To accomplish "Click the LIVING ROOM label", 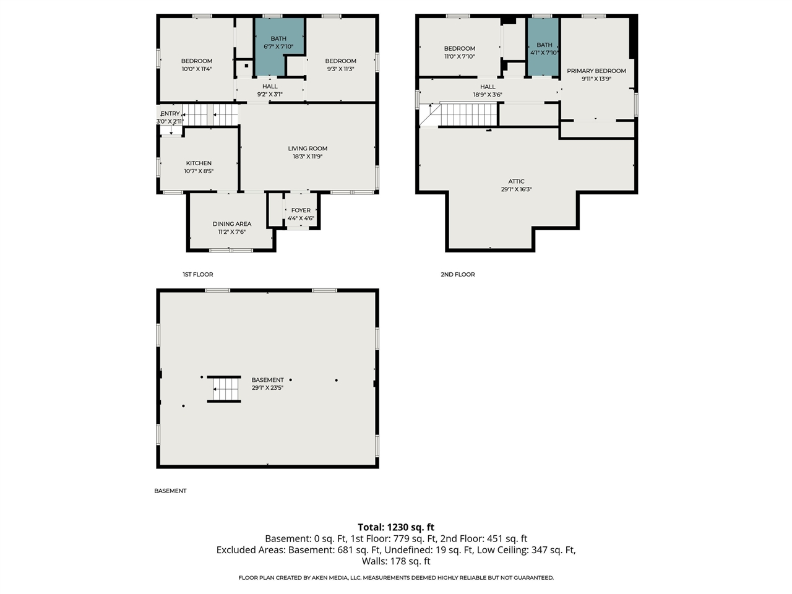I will pos(308,148).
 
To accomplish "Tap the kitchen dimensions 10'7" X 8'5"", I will pos(199,171).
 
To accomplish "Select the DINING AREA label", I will pos(232,224).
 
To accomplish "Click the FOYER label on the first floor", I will pos(301,210).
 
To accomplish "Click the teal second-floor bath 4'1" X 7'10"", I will pos(544,48).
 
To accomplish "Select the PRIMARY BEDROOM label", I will pos(596,71).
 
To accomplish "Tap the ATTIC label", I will pos(517,181).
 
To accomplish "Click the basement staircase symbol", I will pos(225,389).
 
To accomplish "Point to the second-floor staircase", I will pos(468,114).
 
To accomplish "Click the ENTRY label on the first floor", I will pos(170,114).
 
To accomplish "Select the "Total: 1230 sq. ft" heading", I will pos(396,527).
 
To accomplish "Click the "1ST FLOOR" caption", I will pos(198,274).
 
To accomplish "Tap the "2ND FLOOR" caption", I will pos(458,274).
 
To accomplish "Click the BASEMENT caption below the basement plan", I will pos(170,491).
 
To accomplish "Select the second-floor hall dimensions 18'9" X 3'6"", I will pos(488,95).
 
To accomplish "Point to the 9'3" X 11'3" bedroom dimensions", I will pos(340,69).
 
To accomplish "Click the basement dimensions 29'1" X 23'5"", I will pos(267,388).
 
